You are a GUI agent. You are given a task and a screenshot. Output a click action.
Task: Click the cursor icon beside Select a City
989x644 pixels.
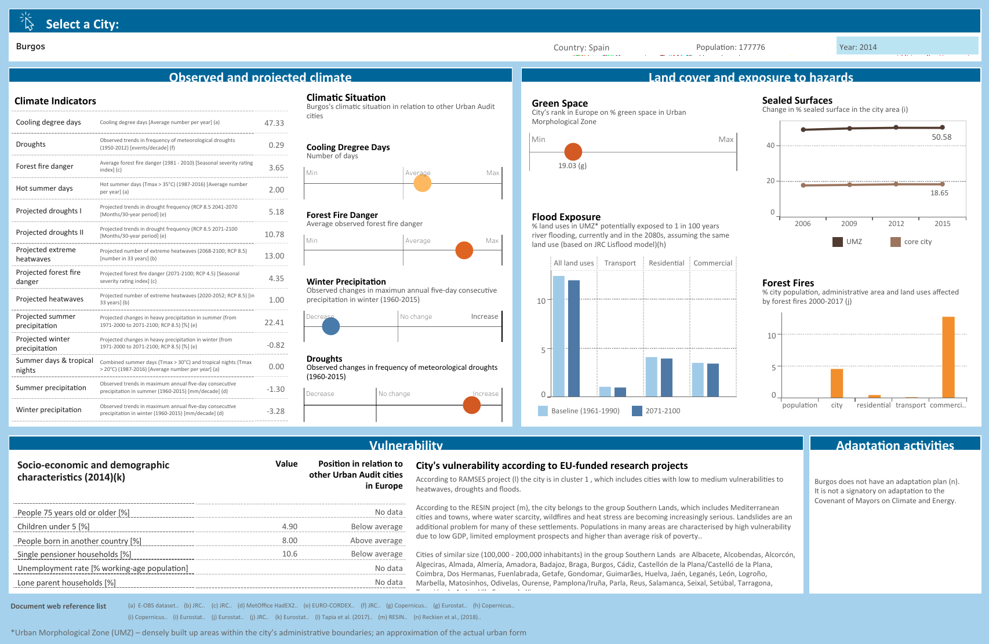pyautogui.click(x=27, y=21)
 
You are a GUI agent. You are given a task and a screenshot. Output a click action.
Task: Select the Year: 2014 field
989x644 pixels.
pyautogui.click(x=907, y=46)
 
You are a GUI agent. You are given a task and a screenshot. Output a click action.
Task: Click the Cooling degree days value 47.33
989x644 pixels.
pyautogui.click(x=274, y=123)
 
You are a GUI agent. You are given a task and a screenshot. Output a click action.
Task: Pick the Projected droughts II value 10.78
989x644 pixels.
pyautogui.click(x=274, y=234)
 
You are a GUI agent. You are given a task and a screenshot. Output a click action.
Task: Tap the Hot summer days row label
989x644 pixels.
pyautogui.click(x=45, y=188)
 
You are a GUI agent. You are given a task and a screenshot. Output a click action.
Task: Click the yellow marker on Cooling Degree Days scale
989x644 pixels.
pyautogui.click(x=423, y=183)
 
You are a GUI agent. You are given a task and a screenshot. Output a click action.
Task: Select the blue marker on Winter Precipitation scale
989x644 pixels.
pyautogui.click(x=330, y=326)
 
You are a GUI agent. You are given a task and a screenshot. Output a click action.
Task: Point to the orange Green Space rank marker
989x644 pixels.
pyautogui.click(x=573, y=151)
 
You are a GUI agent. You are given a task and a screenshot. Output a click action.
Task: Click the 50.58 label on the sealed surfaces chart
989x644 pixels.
pyautogui.click(x=941, y=137)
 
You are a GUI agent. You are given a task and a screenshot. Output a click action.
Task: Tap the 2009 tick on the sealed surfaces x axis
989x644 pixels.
pyautogui.click(x=849, y=224)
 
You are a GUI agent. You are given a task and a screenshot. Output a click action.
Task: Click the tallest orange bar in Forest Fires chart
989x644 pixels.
pyautogui.click(x=948, y=356)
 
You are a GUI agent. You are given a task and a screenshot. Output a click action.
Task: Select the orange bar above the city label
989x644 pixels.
pyautogui.click(x=837, y=383)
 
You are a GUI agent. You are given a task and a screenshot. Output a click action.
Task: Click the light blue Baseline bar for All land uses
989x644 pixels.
pyautogui.click(x=558, y=336)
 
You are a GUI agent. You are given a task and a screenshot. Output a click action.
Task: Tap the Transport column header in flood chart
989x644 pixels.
pyautogui.click(x=620, y=263)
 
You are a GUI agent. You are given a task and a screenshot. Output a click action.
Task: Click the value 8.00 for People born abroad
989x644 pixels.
pyautogui.click(x=289, y=540)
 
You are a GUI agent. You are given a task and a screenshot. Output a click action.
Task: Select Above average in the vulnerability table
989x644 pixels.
pyautogui.click(x=376, y=540)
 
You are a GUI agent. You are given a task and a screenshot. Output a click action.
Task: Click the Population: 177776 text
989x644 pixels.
pyautogui.click(x=730, y=47)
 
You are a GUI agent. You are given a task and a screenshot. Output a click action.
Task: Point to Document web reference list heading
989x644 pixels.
pyautogui.click(x=59, y=606)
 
